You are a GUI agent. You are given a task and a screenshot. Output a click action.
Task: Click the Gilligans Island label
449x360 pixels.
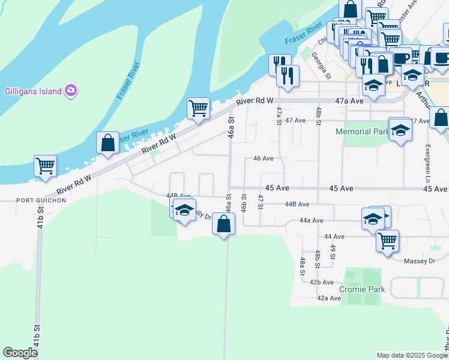click(33, 91)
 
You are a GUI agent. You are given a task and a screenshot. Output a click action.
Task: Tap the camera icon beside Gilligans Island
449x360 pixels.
click(71, 91)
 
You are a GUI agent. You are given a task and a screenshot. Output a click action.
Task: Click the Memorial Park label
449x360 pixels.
click(362, 131)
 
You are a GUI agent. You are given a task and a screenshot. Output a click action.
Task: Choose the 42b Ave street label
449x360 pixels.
click(321, 282)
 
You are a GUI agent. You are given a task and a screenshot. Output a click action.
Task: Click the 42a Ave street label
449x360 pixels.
click(329, 298)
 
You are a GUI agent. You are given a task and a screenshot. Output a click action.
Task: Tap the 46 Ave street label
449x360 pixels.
click(264, 158)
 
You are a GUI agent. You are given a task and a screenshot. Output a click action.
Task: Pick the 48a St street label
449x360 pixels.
click(303, 263)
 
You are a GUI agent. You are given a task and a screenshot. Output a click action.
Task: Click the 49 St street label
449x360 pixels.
click(333, 252)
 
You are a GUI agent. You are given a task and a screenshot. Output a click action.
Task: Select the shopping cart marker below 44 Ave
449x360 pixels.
click(387, 241)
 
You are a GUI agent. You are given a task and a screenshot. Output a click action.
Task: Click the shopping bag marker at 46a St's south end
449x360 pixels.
click(223, 224)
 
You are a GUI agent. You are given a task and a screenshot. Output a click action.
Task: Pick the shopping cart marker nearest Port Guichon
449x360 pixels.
click(45, 166)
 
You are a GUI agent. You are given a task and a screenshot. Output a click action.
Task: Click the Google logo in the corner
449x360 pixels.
click(20, 352)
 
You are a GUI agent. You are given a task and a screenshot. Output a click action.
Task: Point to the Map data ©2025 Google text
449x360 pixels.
click(411, 355)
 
